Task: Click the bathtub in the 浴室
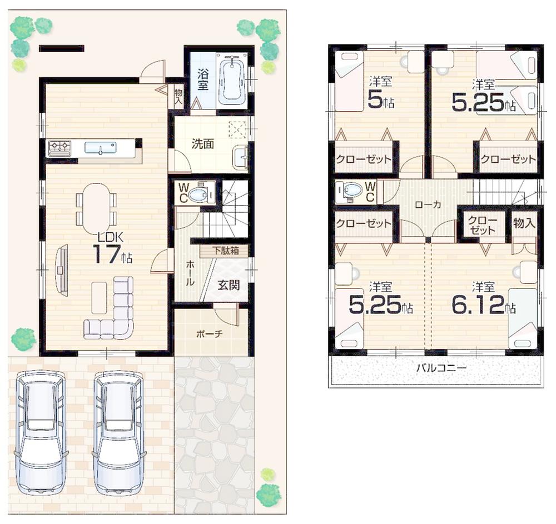point(232,79)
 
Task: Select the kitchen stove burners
point(59,148)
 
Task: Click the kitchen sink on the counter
point(101,148)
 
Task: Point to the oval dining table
point(96,209)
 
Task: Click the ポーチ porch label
point(210,334)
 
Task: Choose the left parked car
point(41,432)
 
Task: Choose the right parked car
point(118,432)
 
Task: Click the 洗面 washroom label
point(203,144)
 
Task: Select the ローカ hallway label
point(428,204)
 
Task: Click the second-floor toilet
point(351,191)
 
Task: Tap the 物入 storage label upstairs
point(524,223)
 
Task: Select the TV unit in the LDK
point(62,271)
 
